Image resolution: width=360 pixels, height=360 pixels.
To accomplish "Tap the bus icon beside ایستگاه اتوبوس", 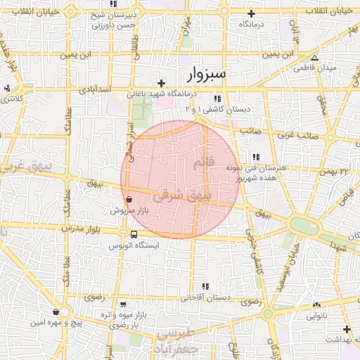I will pyautogui.click(x=134, y=234).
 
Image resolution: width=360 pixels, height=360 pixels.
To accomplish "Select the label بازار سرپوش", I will pyautogui.click(x=127, y=210).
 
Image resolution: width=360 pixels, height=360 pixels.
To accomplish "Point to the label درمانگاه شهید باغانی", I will pyautogui.click(x=162, y=93).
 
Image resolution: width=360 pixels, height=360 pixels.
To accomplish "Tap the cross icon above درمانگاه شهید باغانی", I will pyautogui.click(x=162, y=83).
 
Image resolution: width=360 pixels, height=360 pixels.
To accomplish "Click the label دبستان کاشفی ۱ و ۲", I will pyautogui.click(x=217, y=109).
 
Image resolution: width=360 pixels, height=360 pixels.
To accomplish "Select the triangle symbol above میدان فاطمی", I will pyautogui.click(x=314, y=58).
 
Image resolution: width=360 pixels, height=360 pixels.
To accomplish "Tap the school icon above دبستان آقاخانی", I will pyautogui.click(x=205, y=286).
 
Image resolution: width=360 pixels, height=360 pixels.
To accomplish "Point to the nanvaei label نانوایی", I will pyautogui.click(x=314, y=316).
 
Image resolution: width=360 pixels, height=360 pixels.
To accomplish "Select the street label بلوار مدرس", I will pyautogui.click(x=82, y=229).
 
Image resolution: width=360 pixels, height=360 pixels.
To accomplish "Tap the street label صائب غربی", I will pyautogui.click(x=295, y=134).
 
